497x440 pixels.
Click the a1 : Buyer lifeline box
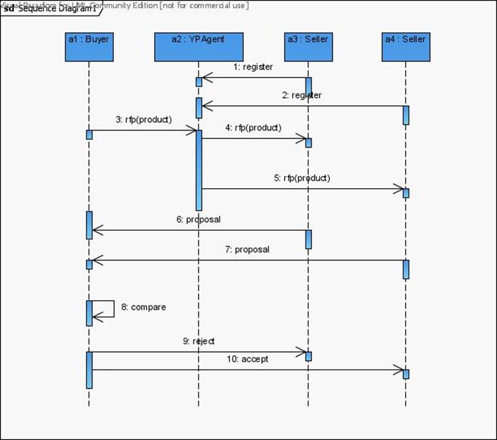coord(89,47)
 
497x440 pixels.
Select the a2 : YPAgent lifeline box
coord(198,47)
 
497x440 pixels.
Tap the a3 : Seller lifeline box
coord(308,47)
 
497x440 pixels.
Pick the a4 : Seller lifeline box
coord(406,47)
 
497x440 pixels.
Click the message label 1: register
coord(253,67)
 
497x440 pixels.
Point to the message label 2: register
coord(302,95)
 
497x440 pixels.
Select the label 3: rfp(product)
coord(144,120)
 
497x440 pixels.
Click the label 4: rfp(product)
coord(253,127)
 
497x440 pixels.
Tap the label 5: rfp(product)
coord(302,178)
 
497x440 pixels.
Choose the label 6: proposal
coord(198,219)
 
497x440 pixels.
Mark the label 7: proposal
coord(247,250)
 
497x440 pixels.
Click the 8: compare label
coord(143,307)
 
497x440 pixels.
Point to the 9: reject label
coord(199,341)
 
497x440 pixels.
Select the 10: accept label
coord(247,359)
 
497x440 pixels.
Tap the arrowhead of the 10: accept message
coord(399,370)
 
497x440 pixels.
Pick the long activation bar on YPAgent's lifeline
coord(199,170)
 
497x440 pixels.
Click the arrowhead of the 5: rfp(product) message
coord(399,188)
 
